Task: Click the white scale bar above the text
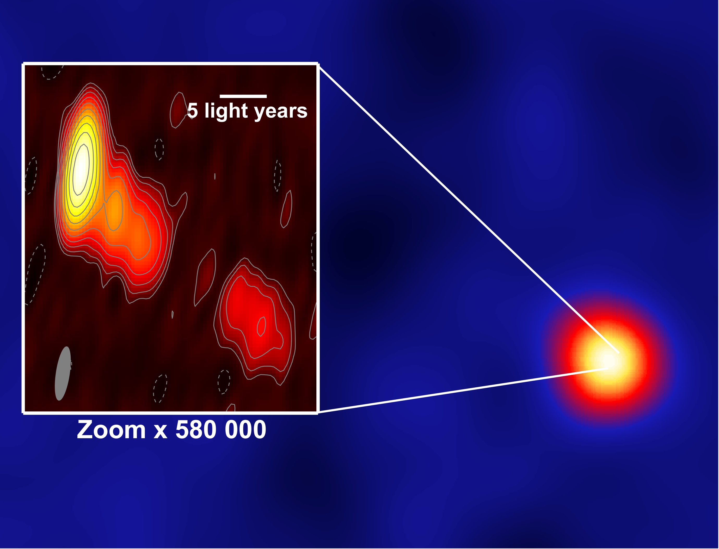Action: point(243,96)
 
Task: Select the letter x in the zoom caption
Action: point(160,432)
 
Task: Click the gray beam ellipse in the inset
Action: point(63,374)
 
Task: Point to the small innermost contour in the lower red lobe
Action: point(261,326)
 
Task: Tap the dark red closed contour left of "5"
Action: point(178,110)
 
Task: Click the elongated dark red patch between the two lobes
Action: point(205,278)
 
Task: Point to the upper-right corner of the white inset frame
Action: point(317,63)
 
